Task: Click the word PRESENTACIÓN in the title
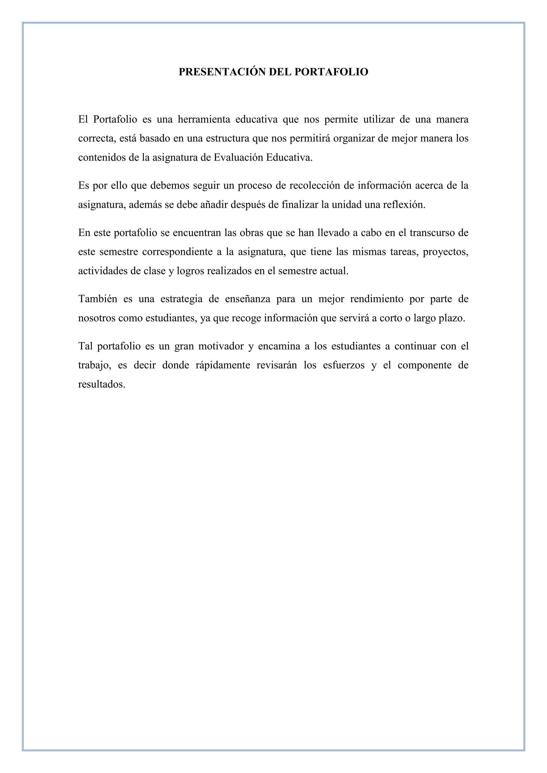click(222, 72)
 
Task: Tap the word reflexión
click(404, 205)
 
